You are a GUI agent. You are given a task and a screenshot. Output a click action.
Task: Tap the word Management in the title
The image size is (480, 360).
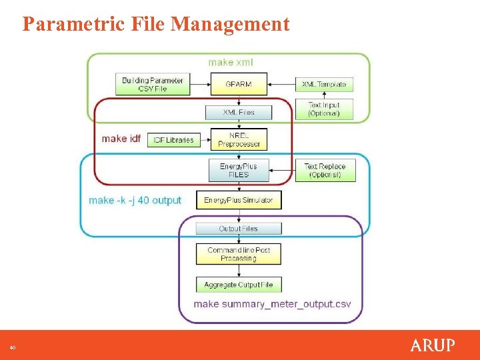click(230, 25)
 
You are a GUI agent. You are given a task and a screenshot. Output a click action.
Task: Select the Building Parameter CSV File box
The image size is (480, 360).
click(153, 85)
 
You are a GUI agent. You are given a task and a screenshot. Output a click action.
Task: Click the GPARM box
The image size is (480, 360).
click(239, 85)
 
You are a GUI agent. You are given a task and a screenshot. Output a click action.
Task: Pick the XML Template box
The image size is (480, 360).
click(324, 85)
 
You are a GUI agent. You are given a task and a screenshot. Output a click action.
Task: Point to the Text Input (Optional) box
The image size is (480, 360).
click(324, 109)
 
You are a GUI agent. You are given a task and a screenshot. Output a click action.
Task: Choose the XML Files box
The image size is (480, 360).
click(239, 112)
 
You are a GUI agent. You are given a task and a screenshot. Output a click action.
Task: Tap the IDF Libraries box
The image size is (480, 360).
click(173, 139)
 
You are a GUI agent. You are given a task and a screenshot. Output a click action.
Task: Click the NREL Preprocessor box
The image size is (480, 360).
click(239, 139)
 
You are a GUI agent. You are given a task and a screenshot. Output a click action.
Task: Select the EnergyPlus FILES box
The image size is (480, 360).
click(239, 170)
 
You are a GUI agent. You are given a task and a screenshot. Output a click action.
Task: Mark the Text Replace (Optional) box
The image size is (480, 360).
click(325, 170)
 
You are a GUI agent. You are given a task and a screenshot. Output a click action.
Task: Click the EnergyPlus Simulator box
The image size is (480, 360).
click(239, 200)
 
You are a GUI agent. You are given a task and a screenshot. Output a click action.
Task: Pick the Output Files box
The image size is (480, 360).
click(239, 229)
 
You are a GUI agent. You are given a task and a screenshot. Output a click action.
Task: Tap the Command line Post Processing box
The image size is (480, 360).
click(239, 254)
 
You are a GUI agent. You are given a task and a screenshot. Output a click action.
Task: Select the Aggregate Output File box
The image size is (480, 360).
click(239, 285)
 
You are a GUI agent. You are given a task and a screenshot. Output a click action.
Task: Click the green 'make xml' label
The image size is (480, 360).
click(230, 63)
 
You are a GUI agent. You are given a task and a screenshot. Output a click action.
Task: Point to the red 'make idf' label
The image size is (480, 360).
click(121, 139)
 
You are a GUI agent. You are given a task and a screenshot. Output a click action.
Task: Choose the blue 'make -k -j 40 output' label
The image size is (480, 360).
click(135, 200)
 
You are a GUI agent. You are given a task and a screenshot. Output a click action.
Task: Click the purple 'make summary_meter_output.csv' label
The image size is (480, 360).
click(272, 304)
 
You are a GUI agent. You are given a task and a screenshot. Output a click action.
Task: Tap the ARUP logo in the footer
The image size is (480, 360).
click(433, 345)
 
